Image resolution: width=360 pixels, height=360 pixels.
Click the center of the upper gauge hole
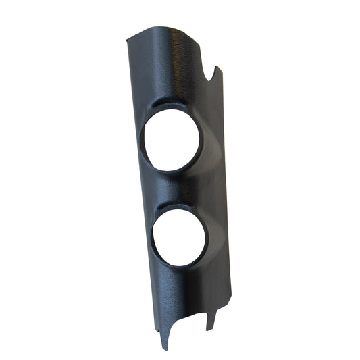[171, 140]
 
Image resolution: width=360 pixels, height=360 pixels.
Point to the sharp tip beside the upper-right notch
[216, 67]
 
